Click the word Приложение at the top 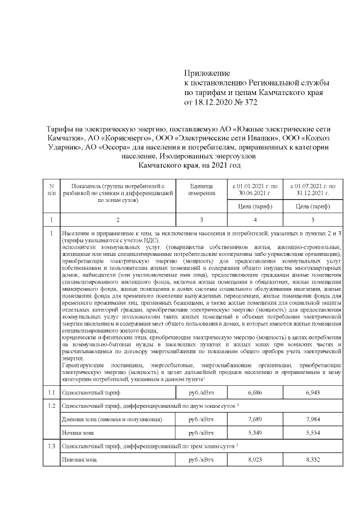point(208,73)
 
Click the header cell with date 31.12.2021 point(313,190)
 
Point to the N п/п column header point(51,190)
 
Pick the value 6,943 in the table point(313,391)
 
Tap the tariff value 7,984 point(313,420)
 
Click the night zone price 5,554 point(313,433)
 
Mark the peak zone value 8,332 point(313,460)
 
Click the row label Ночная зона point(78,433)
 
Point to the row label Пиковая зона point(79,460)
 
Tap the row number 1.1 point(51,391)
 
